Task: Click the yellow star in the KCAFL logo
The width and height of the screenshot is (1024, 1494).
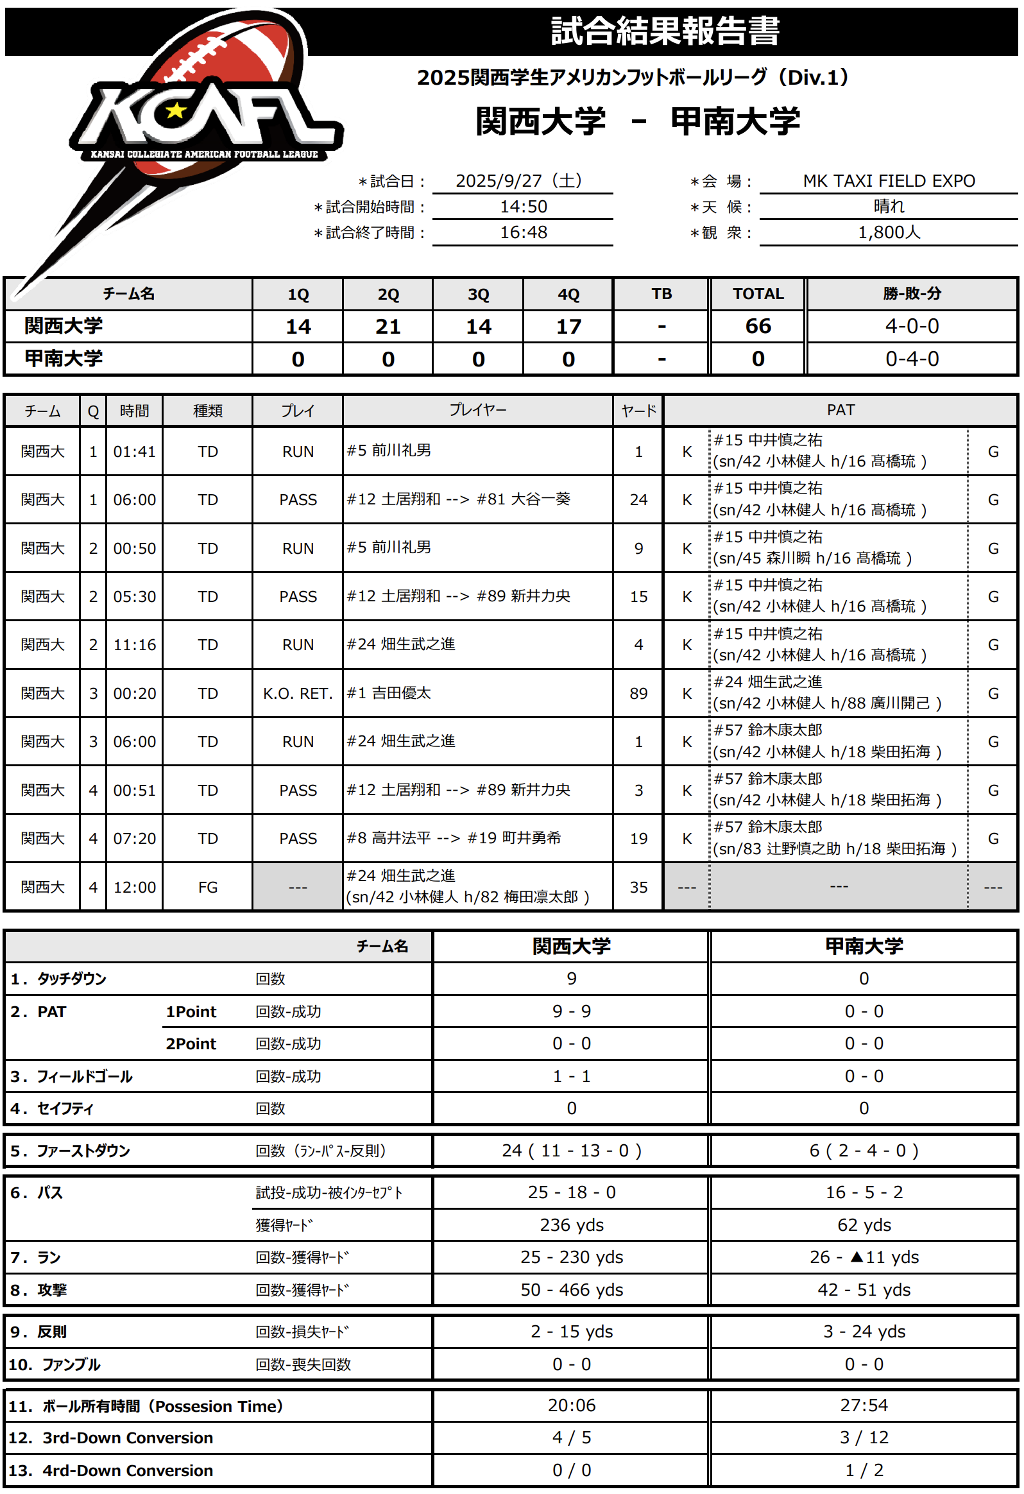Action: coord(175,111)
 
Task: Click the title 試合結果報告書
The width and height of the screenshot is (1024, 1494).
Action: coord(665,31)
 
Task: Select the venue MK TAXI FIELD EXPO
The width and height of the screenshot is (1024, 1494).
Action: coord(889,180)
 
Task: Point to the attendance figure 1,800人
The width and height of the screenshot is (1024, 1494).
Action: coord(889,232)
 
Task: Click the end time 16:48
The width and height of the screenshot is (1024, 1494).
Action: coord(524,232)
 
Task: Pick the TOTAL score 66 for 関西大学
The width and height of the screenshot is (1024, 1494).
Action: coord(758,326)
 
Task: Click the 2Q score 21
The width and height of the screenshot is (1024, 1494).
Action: coord(388,326)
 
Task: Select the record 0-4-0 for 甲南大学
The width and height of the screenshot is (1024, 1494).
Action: coord(912,359)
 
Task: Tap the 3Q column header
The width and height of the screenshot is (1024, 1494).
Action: coord(477,294)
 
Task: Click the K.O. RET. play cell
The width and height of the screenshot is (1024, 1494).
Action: coord(298,693)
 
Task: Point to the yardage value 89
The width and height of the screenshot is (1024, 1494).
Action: coord(638,693)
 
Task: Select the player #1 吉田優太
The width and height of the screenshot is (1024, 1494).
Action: coord(389,692)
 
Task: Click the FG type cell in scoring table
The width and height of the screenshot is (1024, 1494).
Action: coord(208,887)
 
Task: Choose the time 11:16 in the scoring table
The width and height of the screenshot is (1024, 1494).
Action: coord(134,644)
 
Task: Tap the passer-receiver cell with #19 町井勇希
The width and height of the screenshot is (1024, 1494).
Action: coord(454,837)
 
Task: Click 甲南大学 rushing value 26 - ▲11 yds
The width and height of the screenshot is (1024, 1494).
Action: coord(864,1257)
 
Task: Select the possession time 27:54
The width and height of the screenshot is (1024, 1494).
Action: coord(864,1405)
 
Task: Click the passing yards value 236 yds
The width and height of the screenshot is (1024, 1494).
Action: coord(572,1224)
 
